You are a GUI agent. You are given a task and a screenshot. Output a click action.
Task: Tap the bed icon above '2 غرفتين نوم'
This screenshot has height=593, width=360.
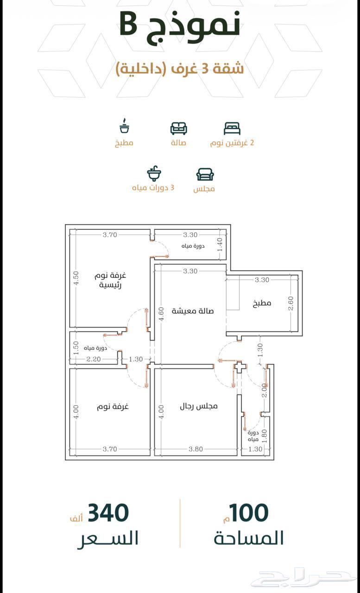click(x=232, y=128)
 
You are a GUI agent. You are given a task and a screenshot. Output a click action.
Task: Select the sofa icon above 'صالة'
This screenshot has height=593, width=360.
click(x=178, y=128)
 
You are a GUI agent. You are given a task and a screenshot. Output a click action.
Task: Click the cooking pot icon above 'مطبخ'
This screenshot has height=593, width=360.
click(x=124, y=126)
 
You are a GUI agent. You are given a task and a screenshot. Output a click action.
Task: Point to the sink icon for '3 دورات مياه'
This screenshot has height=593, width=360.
click(x=154, y=174)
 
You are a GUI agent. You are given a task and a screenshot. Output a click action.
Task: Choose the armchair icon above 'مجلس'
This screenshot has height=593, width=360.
click(x=205, y=175)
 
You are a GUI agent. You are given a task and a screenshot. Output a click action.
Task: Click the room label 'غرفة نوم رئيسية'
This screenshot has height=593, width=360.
click(x=110, y=280)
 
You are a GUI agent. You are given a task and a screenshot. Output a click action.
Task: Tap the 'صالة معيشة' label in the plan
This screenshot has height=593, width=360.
click(x=193, y=311)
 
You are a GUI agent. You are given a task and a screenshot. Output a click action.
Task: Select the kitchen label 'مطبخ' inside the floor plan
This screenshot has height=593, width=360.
click(x=262, y=303)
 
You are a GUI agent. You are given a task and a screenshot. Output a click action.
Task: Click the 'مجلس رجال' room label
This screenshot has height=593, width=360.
click(x=198, y=406)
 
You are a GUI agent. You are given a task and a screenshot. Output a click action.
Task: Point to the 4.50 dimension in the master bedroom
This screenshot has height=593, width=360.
click(x=76, y=278)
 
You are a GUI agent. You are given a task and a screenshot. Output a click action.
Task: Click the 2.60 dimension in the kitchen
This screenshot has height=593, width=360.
click(x=291, y=303)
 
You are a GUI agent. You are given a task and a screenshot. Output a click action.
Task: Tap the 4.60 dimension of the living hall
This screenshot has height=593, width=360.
click(x=162, y=314)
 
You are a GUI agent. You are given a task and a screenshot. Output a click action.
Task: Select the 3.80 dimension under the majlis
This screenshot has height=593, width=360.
click(x=196, y=449)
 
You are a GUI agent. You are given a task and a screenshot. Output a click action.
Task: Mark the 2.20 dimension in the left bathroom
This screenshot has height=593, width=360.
click(x=94, y=359)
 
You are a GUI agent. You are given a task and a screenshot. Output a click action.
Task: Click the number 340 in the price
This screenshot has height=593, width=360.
click(x=108, y=512)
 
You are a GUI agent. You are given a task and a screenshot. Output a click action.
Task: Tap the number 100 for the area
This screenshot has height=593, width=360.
click(x=249, y=512)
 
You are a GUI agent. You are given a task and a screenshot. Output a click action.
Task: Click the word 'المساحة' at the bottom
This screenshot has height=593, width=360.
click(x=248, y=538)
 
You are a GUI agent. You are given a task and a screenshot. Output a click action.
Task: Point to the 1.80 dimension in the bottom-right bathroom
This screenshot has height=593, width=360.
click(x=264, y=436)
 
